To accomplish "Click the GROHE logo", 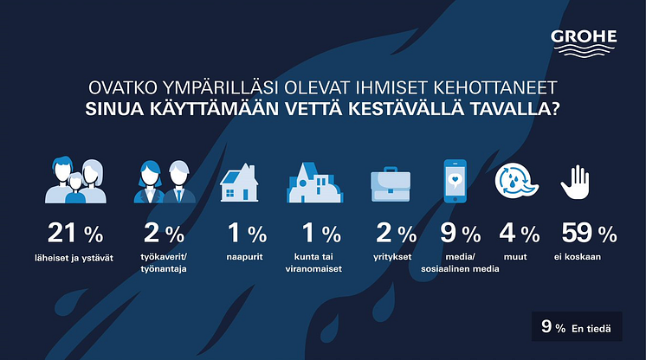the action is coord(584,43).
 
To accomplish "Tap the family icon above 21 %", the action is coord(75,180).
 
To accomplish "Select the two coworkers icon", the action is coord(165,182).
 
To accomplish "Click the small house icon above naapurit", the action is coord(239,182).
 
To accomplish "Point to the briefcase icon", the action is coord(391,184).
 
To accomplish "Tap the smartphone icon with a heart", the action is coord(455,181).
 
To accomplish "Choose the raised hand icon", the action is coord(575,182).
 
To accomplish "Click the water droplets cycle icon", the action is coord(516,181).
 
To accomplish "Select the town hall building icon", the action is coord(314,182).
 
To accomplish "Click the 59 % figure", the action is coord(589,233).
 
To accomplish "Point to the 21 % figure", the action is coord(75,233).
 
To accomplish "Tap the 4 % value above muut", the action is coord(519,233).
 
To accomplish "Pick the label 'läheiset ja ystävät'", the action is coord(74,258).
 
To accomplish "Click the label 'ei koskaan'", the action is coord(578,257).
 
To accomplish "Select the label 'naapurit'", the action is coord(244,257).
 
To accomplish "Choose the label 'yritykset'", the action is coord(392,257).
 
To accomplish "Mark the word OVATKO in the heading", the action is coord(123,87).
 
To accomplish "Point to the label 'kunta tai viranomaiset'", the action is coord(313,263).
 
